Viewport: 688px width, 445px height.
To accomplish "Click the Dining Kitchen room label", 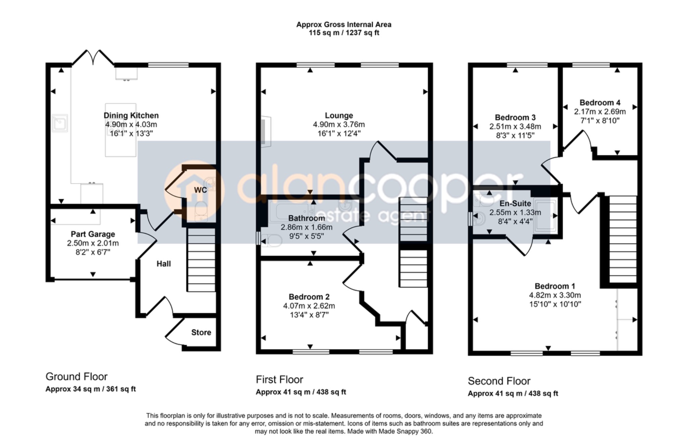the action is (131, 115).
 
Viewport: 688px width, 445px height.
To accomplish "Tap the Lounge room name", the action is (339, 116).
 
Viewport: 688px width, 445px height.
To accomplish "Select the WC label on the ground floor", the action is (201, 190).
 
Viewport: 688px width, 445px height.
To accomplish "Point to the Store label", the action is (201, 332).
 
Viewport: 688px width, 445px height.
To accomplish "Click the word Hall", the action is (164, 264).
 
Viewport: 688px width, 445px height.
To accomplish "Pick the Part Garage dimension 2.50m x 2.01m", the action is (93, 243).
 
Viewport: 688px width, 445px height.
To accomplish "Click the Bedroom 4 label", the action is (600, 103).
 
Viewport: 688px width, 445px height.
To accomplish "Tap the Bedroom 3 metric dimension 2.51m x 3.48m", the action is (515, 126).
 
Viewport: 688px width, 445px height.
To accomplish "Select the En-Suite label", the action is (515, 203).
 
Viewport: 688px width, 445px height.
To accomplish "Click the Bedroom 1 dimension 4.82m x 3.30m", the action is (555, 295).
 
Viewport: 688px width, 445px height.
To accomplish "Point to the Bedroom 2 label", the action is (309, 297).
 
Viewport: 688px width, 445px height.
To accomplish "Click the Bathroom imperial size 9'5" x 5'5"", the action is (307, 236).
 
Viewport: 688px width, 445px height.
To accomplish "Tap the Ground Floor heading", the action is (77, 376).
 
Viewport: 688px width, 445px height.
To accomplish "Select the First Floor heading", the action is (279, 380).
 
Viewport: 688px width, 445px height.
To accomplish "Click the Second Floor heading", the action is (499, 381).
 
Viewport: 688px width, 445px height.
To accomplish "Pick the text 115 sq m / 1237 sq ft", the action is (344, 33).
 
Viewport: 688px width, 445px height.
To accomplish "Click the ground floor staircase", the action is (201, 260).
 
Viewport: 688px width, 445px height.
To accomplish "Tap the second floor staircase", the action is (623, 239).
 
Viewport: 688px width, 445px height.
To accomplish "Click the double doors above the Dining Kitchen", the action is (93, 57).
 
